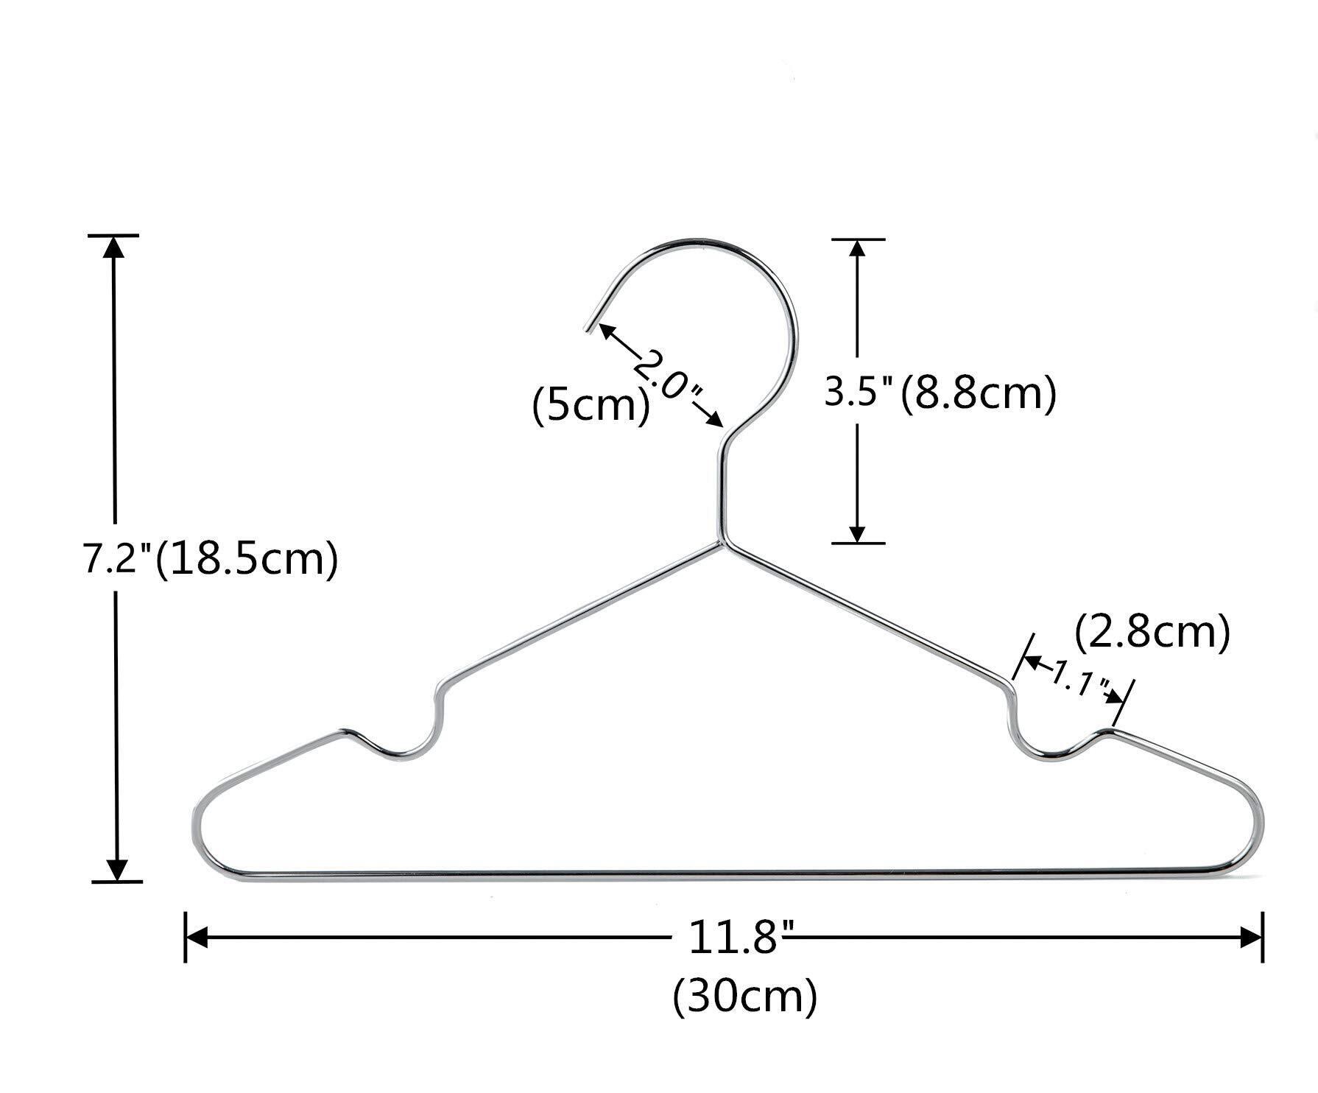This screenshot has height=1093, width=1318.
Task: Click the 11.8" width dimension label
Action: click(x=733, y=938)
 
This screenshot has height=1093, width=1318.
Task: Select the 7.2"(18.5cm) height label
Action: click(x=210, y=560)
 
